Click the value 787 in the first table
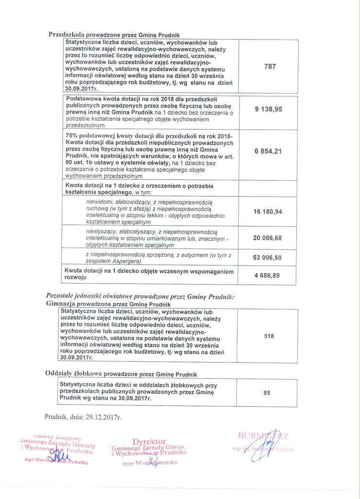tap(270, 67)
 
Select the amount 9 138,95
tap(268, 110)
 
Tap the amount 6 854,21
tap(268, 152)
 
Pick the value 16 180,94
tap(268, 211)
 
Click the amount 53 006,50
tap(268, 258)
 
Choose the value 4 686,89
tap(268, 275)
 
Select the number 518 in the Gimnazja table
tap(269, 336)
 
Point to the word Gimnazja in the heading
tap(57, 303)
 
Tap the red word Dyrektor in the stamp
tap(150, 441)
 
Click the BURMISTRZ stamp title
tap(263, 435)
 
